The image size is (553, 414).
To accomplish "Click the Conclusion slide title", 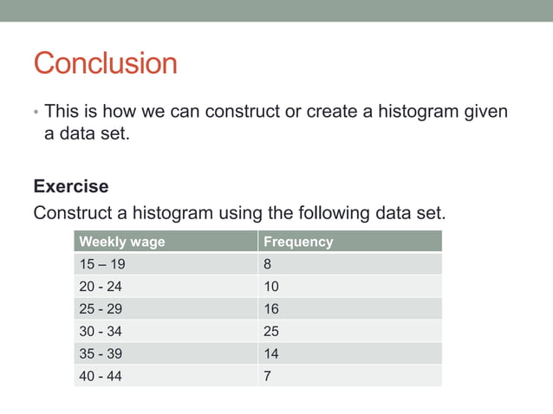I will tap(105, 63).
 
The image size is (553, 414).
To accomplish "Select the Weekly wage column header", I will tap(121, 242).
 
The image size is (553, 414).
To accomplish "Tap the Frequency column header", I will tap(297, 242).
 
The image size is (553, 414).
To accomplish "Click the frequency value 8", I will tap(267, 264).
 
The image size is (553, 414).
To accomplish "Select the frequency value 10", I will tap(270, 287).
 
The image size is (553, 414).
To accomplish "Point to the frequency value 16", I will tap(270, 309).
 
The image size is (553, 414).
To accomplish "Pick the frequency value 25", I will tap(270, 332).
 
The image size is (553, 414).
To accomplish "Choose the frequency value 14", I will tap(270, 354).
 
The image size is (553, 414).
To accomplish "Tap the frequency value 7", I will tap(267, 376).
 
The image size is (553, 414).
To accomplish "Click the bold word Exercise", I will tap(71, 186).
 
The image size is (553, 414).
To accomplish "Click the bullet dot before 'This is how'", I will tap(36, 113).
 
